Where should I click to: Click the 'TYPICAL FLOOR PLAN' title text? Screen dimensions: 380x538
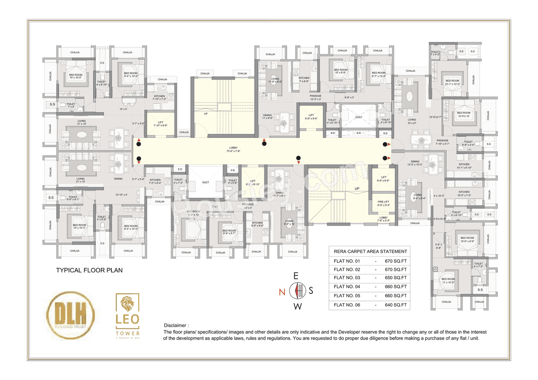[x=89, y=270]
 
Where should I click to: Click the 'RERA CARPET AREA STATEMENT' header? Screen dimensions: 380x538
[x=370, y=252]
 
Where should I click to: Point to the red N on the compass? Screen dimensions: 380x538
[x=282, y=291]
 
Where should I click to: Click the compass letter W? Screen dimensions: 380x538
[x=298, y=307]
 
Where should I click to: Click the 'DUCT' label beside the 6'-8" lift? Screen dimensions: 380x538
[x=359, y=117]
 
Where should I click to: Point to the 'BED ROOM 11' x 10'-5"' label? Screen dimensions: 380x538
[x=448, y=281]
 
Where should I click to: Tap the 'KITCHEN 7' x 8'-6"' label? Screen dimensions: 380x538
[x=304, y=80]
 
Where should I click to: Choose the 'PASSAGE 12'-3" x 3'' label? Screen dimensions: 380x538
[x=316, y=97]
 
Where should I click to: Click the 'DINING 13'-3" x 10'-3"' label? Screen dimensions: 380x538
[x=415, y=163]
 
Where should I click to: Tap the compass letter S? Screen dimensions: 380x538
[x=311, y=291]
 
